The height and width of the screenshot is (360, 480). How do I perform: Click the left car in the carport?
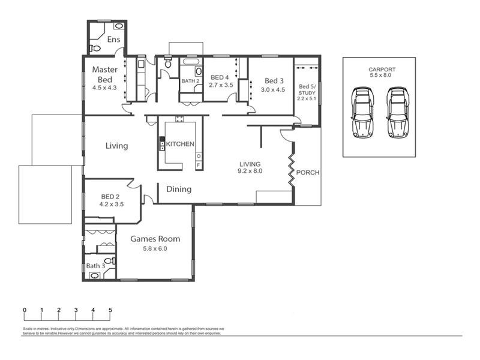point(362,112)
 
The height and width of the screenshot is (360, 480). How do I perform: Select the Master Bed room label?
point(104,74)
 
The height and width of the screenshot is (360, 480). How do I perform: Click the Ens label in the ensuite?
point(114,40)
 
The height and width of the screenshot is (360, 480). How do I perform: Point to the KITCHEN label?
point(180,145)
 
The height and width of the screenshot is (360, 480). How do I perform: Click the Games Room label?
point(155,239)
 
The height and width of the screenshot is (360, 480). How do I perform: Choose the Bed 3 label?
point(274,81)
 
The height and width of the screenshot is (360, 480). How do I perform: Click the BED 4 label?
point(220,77)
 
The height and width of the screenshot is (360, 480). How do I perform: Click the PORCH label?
point(308,173)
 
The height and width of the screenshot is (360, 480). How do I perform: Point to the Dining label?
point(179,189)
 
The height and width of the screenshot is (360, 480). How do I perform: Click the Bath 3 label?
point(95,266)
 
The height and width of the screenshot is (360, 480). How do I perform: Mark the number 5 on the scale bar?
point(110,310)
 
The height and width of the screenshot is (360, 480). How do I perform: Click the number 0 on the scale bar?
point(25,310)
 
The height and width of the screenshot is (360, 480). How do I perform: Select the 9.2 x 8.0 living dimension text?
point(250,171)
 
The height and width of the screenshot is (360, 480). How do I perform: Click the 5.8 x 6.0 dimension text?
point(155,249)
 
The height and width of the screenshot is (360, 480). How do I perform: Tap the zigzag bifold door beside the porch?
point(292,167)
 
